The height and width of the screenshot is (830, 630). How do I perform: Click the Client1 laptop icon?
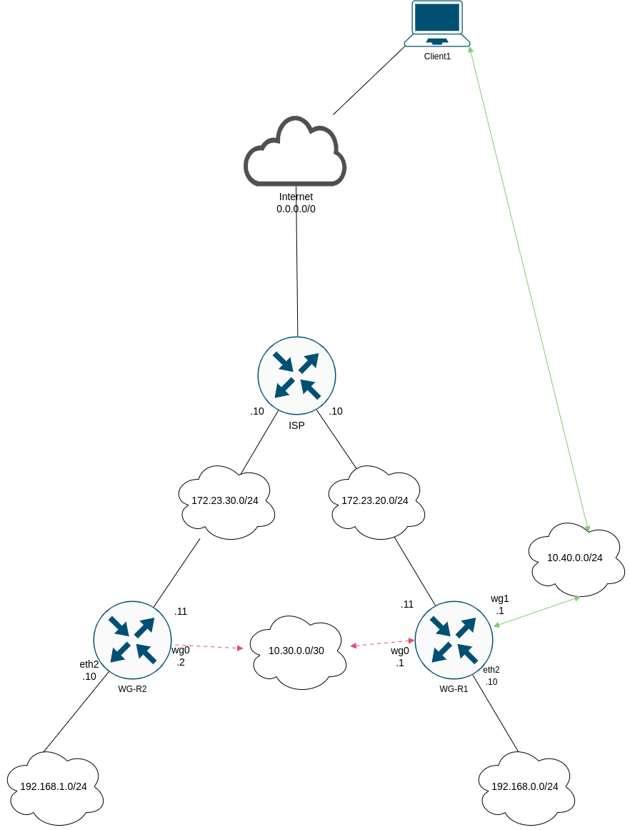[x=437, y=23]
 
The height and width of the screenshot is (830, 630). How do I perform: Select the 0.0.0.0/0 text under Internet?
[x=296, y=209]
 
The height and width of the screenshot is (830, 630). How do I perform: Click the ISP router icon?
[x=296, y=375]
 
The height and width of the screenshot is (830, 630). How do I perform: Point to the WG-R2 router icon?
[x=132, y=640]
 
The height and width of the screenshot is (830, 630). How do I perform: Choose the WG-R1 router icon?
[x=454, y=640]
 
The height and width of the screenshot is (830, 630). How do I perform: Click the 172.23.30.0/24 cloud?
[x=225, y=500]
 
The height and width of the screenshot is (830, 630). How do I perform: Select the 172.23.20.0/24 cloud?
[x=375, y=500]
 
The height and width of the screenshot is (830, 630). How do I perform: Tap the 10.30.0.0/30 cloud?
[x=296, y=651]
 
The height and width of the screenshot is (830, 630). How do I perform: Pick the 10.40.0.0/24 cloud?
[x=575, y=558]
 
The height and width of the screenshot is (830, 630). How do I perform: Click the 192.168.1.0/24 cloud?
[x=54, y=786]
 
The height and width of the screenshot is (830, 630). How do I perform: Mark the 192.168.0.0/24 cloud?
[x=525, y=786]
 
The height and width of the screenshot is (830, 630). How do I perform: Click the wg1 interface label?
[x=500, y=598]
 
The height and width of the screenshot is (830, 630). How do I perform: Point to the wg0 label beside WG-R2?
[x=181, y=650]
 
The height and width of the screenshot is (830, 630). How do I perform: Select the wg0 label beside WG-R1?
[x=400, y=651]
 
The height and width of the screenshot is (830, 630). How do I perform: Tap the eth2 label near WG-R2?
[x=89, y=664]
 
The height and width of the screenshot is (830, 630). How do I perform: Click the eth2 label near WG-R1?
[x=491, y=670]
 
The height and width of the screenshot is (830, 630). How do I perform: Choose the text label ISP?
[x=296, y=425]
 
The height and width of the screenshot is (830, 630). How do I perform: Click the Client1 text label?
[x=437, y=56]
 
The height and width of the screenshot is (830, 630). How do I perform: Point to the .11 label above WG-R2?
[x=181, y=611]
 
